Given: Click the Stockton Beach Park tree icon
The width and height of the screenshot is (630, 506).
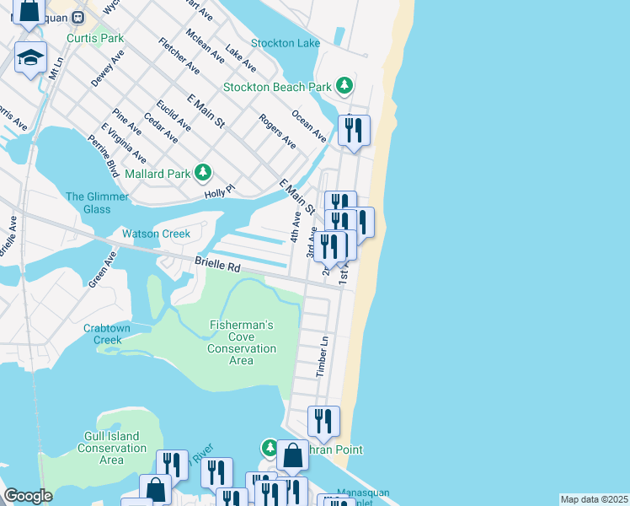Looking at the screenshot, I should (x=344, y=85).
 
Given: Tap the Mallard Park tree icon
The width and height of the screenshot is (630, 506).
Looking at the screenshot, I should (x=202, y=173).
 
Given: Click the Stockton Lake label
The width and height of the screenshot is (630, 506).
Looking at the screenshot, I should (x=286, y=43).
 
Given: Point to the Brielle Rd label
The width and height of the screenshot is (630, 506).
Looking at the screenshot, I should (x=218, y=265).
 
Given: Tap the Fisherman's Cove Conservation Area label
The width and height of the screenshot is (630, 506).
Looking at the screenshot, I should (x=241, y=342).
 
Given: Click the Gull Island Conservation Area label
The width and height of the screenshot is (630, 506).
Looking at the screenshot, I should (x=111, y=448).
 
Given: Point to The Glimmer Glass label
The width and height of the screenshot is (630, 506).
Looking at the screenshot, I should (x=98, y=202).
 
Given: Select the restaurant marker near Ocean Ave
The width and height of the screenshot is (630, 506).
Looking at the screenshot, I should (x=353, y=130).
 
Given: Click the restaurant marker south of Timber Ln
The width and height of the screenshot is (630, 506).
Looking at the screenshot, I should (x=323, y=421).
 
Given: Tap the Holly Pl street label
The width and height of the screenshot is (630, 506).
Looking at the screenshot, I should (x=218, y=194).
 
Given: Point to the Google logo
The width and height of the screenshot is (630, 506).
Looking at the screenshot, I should (x=28, y=496).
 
